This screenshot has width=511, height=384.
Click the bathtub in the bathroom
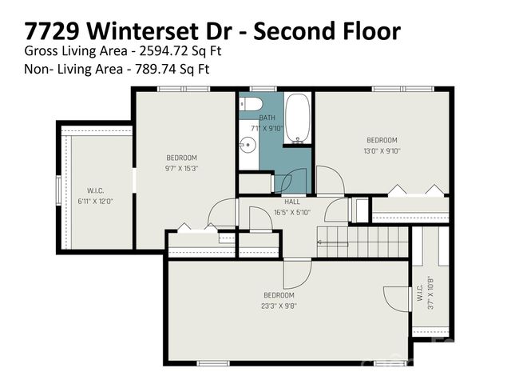296,118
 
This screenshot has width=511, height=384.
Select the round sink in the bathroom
248,146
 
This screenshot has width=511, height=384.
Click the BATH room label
267,118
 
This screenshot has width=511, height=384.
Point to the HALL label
292,202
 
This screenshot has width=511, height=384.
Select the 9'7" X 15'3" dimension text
181,168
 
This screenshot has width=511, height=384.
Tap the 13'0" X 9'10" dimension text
382,150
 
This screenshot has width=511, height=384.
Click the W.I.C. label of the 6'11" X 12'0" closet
96,190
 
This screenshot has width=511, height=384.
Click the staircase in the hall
362,241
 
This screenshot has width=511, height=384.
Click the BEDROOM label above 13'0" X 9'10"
382,140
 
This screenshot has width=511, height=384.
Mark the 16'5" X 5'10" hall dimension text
292,211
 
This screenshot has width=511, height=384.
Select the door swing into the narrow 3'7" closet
398,298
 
